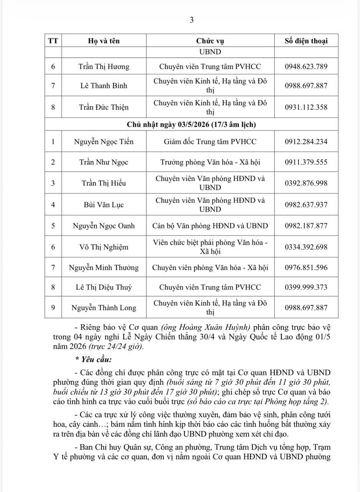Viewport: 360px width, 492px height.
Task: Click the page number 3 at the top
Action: tap(192, 20)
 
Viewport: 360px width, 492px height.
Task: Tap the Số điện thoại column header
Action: tap(306, 41)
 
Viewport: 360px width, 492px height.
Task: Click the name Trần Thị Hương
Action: tap(104, 66)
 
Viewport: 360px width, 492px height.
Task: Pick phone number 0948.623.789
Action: tap(306, 66)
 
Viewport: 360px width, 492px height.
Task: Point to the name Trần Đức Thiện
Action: tap(104, 107)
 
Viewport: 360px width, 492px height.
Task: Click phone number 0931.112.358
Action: tap(306, 107)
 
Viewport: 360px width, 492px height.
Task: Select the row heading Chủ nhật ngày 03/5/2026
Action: tap(191, 125)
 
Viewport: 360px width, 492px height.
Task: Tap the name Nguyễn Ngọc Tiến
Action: tap(104, 141)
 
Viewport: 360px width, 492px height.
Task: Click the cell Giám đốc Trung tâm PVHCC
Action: tap(210, 141)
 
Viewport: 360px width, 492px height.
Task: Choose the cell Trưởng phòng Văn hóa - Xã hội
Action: tap(210, 162)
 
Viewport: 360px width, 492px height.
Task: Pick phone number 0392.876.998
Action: tap(306, 183)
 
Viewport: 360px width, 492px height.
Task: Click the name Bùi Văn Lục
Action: tap(104, 204)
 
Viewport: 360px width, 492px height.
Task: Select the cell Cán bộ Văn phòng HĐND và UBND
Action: tap(210, 226)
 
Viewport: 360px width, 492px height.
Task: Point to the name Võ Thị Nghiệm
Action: tap(104, 247)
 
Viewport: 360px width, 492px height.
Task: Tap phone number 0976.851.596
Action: tap(306, 268)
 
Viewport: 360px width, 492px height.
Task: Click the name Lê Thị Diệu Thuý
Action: tap(104, 287)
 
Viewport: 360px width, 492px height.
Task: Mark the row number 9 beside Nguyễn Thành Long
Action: tap(53, 307)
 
